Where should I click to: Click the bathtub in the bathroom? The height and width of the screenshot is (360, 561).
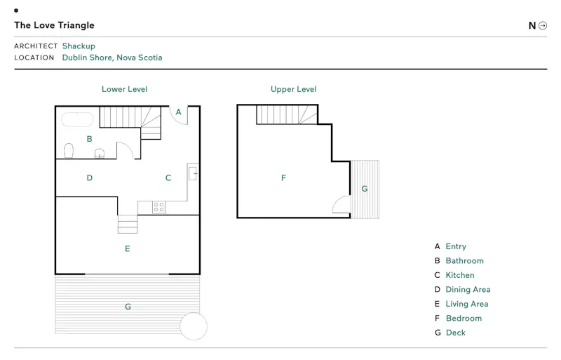77,119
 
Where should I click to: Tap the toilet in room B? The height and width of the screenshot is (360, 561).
69,151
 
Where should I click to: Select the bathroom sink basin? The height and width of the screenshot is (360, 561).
100,154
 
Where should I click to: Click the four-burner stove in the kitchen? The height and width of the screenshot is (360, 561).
159,207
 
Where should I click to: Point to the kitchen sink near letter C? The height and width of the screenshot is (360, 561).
193,173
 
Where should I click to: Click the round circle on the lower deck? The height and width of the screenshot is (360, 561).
194,326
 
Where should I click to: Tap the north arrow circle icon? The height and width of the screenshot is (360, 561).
543,25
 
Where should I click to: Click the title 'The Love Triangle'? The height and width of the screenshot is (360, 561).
55,25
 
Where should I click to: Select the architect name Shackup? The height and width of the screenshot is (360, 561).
79,46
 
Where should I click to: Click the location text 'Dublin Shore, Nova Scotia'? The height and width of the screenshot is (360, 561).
112,58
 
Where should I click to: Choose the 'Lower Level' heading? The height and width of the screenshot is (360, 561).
125,89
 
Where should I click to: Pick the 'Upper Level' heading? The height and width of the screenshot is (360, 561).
293,89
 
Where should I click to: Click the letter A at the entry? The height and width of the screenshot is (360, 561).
179,112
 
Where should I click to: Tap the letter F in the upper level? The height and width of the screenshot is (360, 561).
283,178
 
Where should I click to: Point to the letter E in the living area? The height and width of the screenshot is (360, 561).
128,249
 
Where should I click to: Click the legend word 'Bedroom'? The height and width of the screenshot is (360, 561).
464,319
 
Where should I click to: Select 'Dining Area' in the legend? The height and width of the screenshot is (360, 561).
468,289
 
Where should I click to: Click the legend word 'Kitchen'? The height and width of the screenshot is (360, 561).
460,275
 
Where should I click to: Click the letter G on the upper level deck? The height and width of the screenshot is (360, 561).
365,189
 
